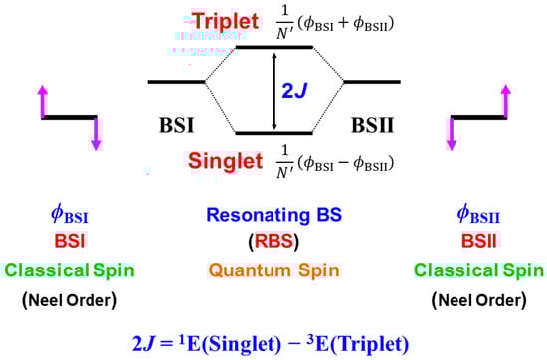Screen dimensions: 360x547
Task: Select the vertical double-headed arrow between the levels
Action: click(x=274, y=90)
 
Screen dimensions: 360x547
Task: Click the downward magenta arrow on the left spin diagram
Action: click(x=96, y=134)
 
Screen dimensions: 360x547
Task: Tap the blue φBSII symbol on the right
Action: click(x=474, y=214)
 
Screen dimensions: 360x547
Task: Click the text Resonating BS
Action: click(x=273, y=214)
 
